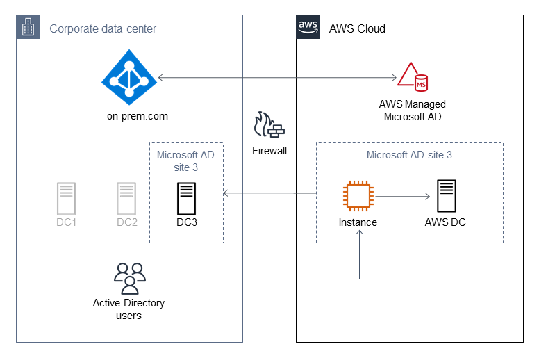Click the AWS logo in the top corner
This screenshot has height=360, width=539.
pos(308,27)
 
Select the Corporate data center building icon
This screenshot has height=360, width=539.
pos(28,28)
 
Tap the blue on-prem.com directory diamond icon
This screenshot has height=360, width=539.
pos(129,78)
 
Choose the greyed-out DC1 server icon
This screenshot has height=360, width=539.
pos(66,199)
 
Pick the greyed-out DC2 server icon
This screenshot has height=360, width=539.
pos(126,199)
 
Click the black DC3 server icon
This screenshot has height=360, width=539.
pos(186,199)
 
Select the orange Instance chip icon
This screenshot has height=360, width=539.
pos(358,197)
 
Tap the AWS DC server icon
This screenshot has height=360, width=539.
pos(445,197)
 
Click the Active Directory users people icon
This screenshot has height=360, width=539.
pos(129,278)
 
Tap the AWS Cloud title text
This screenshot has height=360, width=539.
pos(357,28)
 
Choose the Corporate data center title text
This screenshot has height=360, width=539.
pos(103,28)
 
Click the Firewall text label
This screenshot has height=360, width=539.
pos(269,150)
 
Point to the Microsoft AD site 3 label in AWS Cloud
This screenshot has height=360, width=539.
pos(409,155)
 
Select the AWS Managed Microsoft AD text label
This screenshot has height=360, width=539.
pos(413,110)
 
